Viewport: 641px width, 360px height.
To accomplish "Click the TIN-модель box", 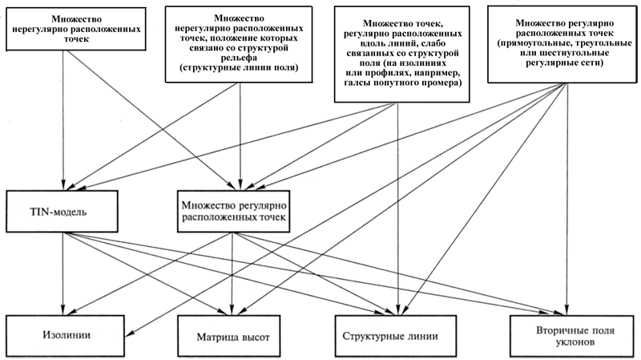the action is tap(62, 212).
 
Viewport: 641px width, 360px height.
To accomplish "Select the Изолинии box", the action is tap(66, 335).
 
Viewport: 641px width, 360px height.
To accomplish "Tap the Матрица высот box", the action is tap(229, 336).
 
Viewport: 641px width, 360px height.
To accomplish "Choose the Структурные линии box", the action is tap(395, 336).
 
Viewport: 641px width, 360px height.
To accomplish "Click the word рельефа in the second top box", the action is tap(239, 58).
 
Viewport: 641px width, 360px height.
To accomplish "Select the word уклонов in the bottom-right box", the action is tap(574, 342).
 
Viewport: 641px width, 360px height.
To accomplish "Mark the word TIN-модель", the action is tap(58, 212).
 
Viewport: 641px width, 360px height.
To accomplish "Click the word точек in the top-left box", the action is tap(75, 39).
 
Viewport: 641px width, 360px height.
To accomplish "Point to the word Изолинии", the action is tap(67, 335).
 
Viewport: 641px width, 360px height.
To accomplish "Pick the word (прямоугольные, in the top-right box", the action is tap(527, 43).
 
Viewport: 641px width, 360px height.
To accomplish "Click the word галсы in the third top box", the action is tap(356, 83).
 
